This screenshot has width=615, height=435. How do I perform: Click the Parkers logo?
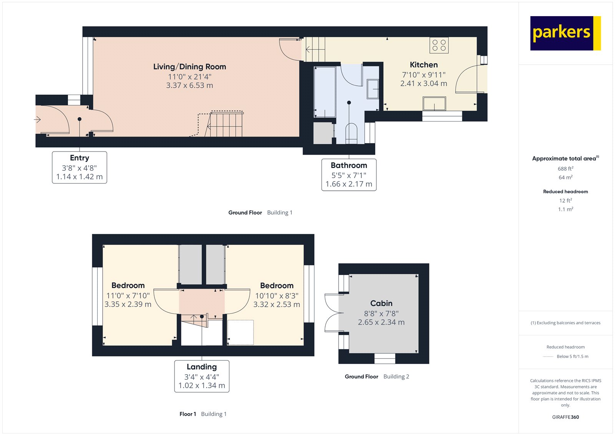(565, 33)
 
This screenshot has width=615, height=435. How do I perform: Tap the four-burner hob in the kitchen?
(439, 45)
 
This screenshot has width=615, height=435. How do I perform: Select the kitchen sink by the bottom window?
(434, 103)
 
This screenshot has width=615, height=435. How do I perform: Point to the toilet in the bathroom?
(351, 133)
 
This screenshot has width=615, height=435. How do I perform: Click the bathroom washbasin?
(372, 89)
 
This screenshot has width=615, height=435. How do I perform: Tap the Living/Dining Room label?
(189, 67)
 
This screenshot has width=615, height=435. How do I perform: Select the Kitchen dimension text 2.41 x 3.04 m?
(424, 83)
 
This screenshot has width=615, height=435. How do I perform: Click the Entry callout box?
(80, 167)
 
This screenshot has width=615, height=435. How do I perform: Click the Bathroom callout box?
(349, 175)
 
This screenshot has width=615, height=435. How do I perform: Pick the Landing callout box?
(202, 376)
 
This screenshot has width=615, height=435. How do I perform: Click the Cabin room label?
(381, 303)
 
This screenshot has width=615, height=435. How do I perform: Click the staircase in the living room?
(226, 124)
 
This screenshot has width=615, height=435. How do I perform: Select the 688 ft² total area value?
(565, 168)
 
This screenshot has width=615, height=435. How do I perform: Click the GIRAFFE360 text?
(565, 417)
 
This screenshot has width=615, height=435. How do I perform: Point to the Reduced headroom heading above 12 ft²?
(565, 192)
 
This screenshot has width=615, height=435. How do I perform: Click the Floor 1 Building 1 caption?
(203, 414)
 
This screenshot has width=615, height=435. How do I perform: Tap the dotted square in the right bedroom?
(241, 332)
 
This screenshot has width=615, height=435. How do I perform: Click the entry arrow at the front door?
(38, 120)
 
